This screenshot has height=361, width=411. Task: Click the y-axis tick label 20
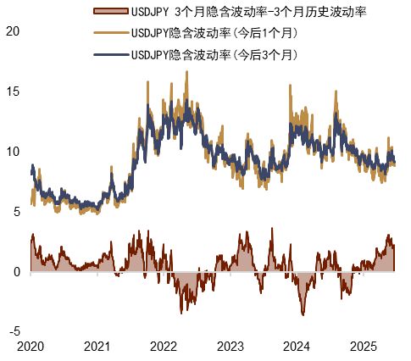pos(12,31)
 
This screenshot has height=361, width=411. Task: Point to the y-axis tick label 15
pos(12,91)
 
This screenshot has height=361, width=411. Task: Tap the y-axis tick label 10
pos(12,151)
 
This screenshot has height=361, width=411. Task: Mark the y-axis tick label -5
pos(10,331)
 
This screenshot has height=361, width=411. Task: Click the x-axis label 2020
pos(31,347)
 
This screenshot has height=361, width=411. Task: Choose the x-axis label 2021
pos(97,347)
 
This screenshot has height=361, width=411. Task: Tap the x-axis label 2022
pos(163,347)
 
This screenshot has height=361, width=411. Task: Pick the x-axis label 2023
pos(230,347)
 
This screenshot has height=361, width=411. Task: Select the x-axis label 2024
pos(297,347)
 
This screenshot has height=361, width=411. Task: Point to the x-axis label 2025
pos(363,347)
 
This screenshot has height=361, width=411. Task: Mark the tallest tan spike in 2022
pos(186,73)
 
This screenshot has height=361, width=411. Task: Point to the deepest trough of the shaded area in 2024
pos(303,314)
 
